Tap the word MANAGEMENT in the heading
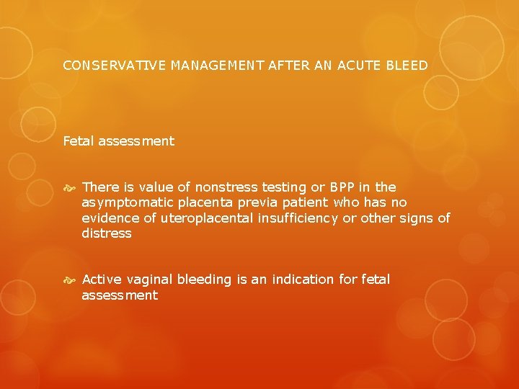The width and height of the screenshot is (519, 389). pos(199,66)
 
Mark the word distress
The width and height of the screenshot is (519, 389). pos(107,233)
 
